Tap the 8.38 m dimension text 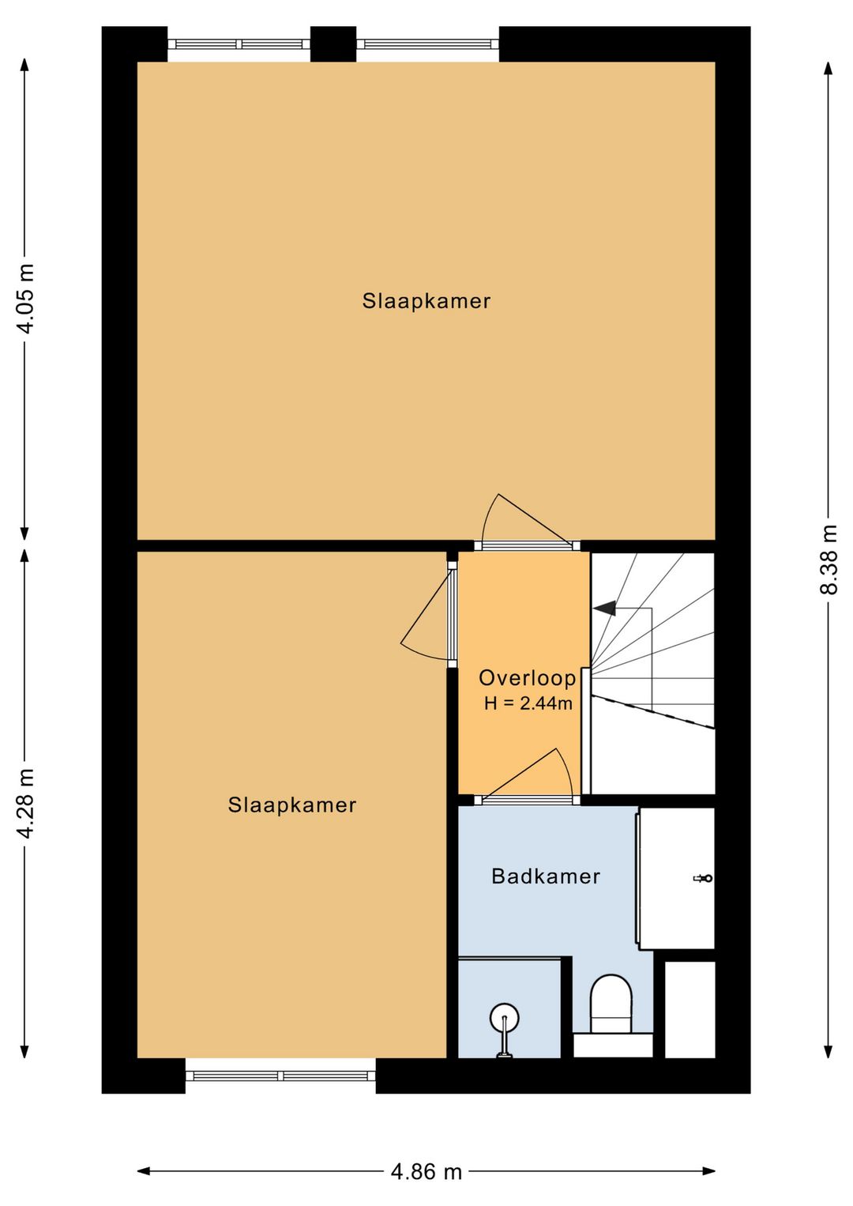829,559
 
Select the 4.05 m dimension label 25,298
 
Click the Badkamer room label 546,876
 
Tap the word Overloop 528,678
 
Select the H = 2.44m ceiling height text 528,703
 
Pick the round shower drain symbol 505,1018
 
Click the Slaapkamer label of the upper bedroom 426,301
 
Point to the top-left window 239,44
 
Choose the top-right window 428,44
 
